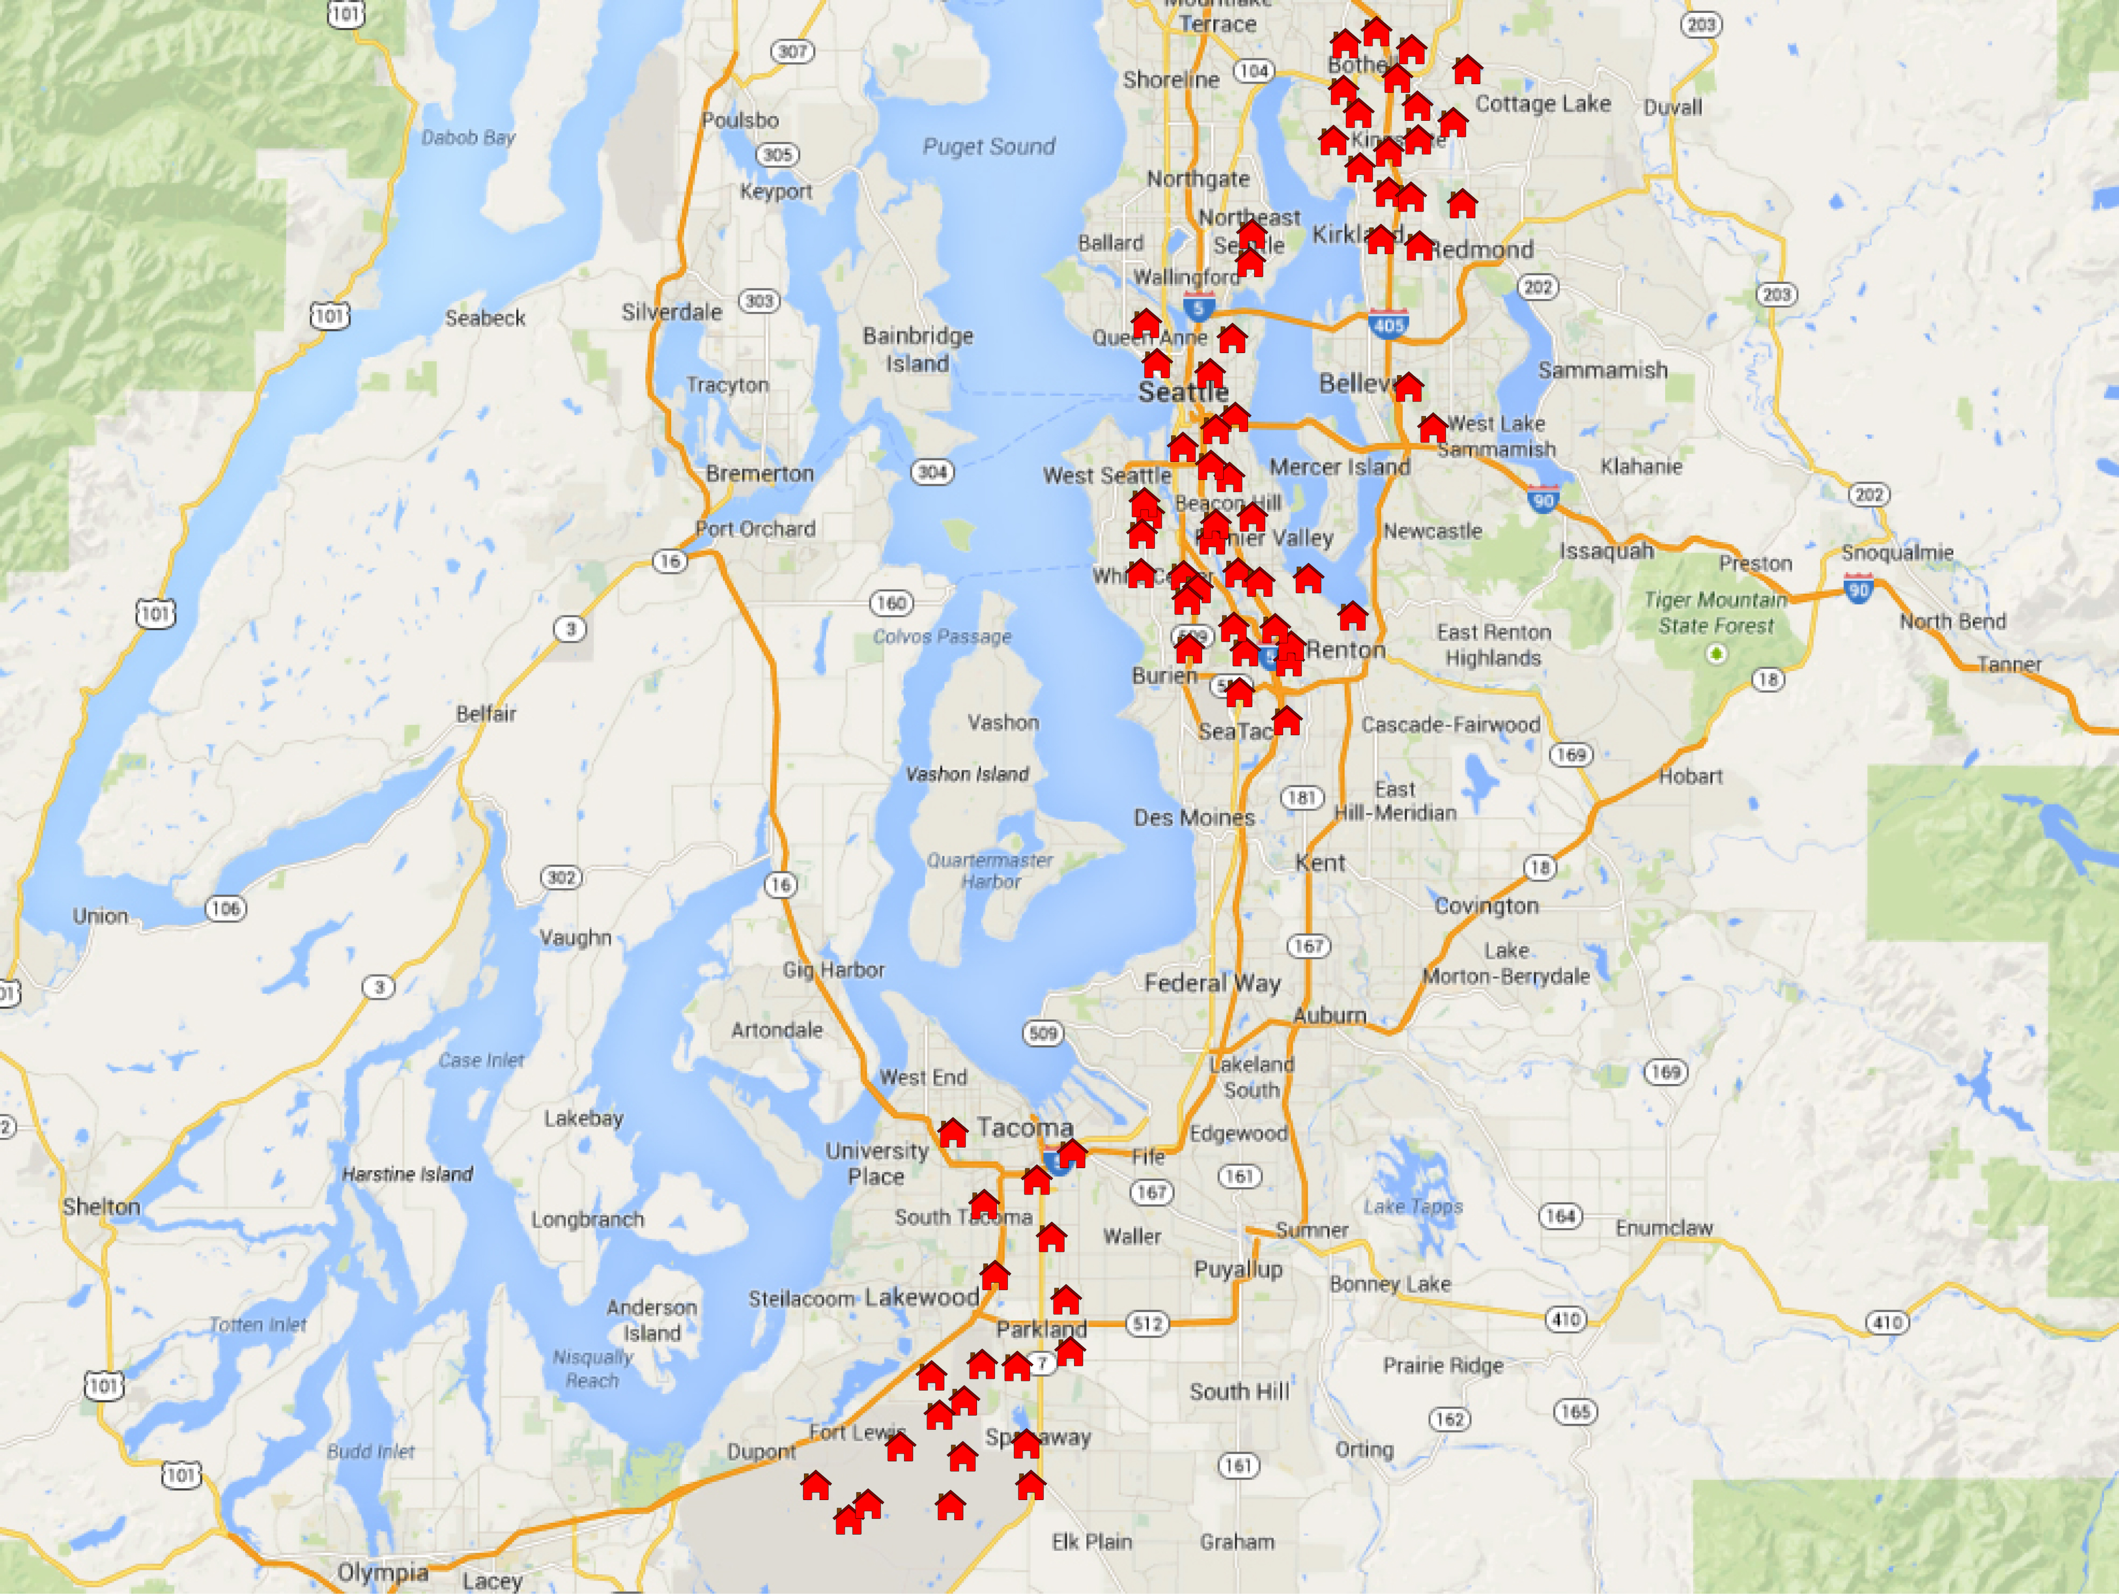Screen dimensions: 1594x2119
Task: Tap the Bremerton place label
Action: [x=760, y=473]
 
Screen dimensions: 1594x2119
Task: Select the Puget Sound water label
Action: [x=989, y=147]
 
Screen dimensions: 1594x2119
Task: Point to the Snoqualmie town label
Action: [x=1897, y=553]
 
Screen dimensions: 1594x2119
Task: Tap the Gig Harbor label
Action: [x=833, y=969]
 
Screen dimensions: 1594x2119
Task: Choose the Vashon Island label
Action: [x=968, y=773]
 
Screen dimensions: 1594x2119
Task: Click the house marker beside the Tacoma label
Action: [x=952, y=1133]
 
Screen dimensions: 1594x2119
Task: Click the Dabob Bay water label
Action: [x=468, y=138]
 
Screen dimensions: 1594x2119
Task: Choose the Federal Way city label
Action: [x=1212, y=983]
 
